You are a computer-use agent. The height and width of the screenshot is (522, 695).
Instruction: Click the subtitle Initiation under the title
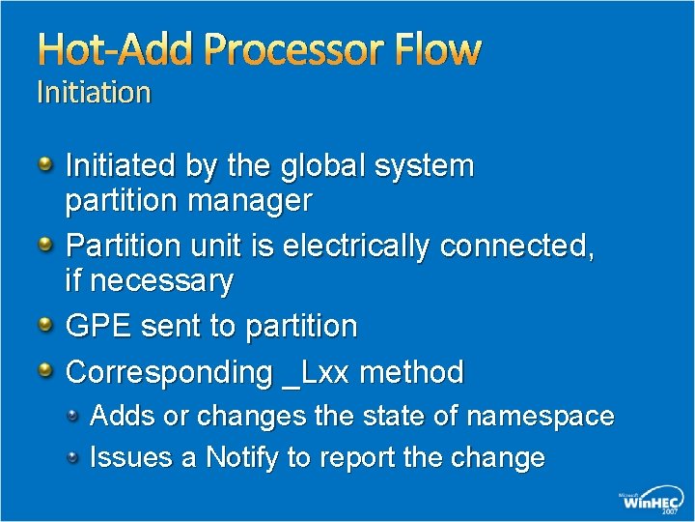coord(94,93)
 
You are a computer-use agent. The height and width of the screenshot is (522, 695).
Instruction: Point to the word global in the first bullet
coord(324,166)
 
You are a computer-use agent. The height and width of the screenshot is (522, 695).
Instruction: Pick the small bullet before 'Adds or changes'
coord(73,416)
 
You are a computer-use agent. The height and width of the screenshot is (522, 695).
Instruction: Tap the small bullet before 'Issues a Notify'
coord(73,456)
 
